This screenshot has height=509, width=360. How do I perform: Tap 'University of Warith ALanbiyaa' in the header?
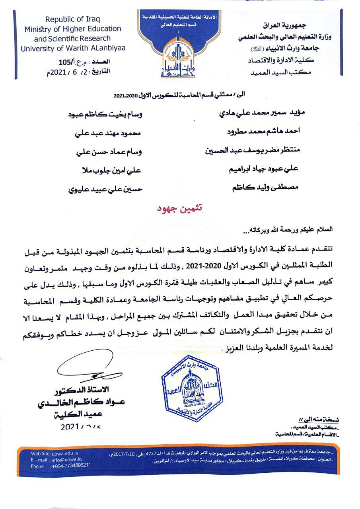[x=73, y=48]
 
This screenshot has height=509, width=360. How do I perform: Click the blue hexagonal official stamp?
[x=191, y=388]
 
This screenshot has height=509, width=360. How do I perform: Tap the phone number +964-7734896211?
[x=72, y=465]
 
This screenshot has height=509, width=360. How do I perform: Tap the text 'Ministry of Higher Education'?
[x=73, y=29]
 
